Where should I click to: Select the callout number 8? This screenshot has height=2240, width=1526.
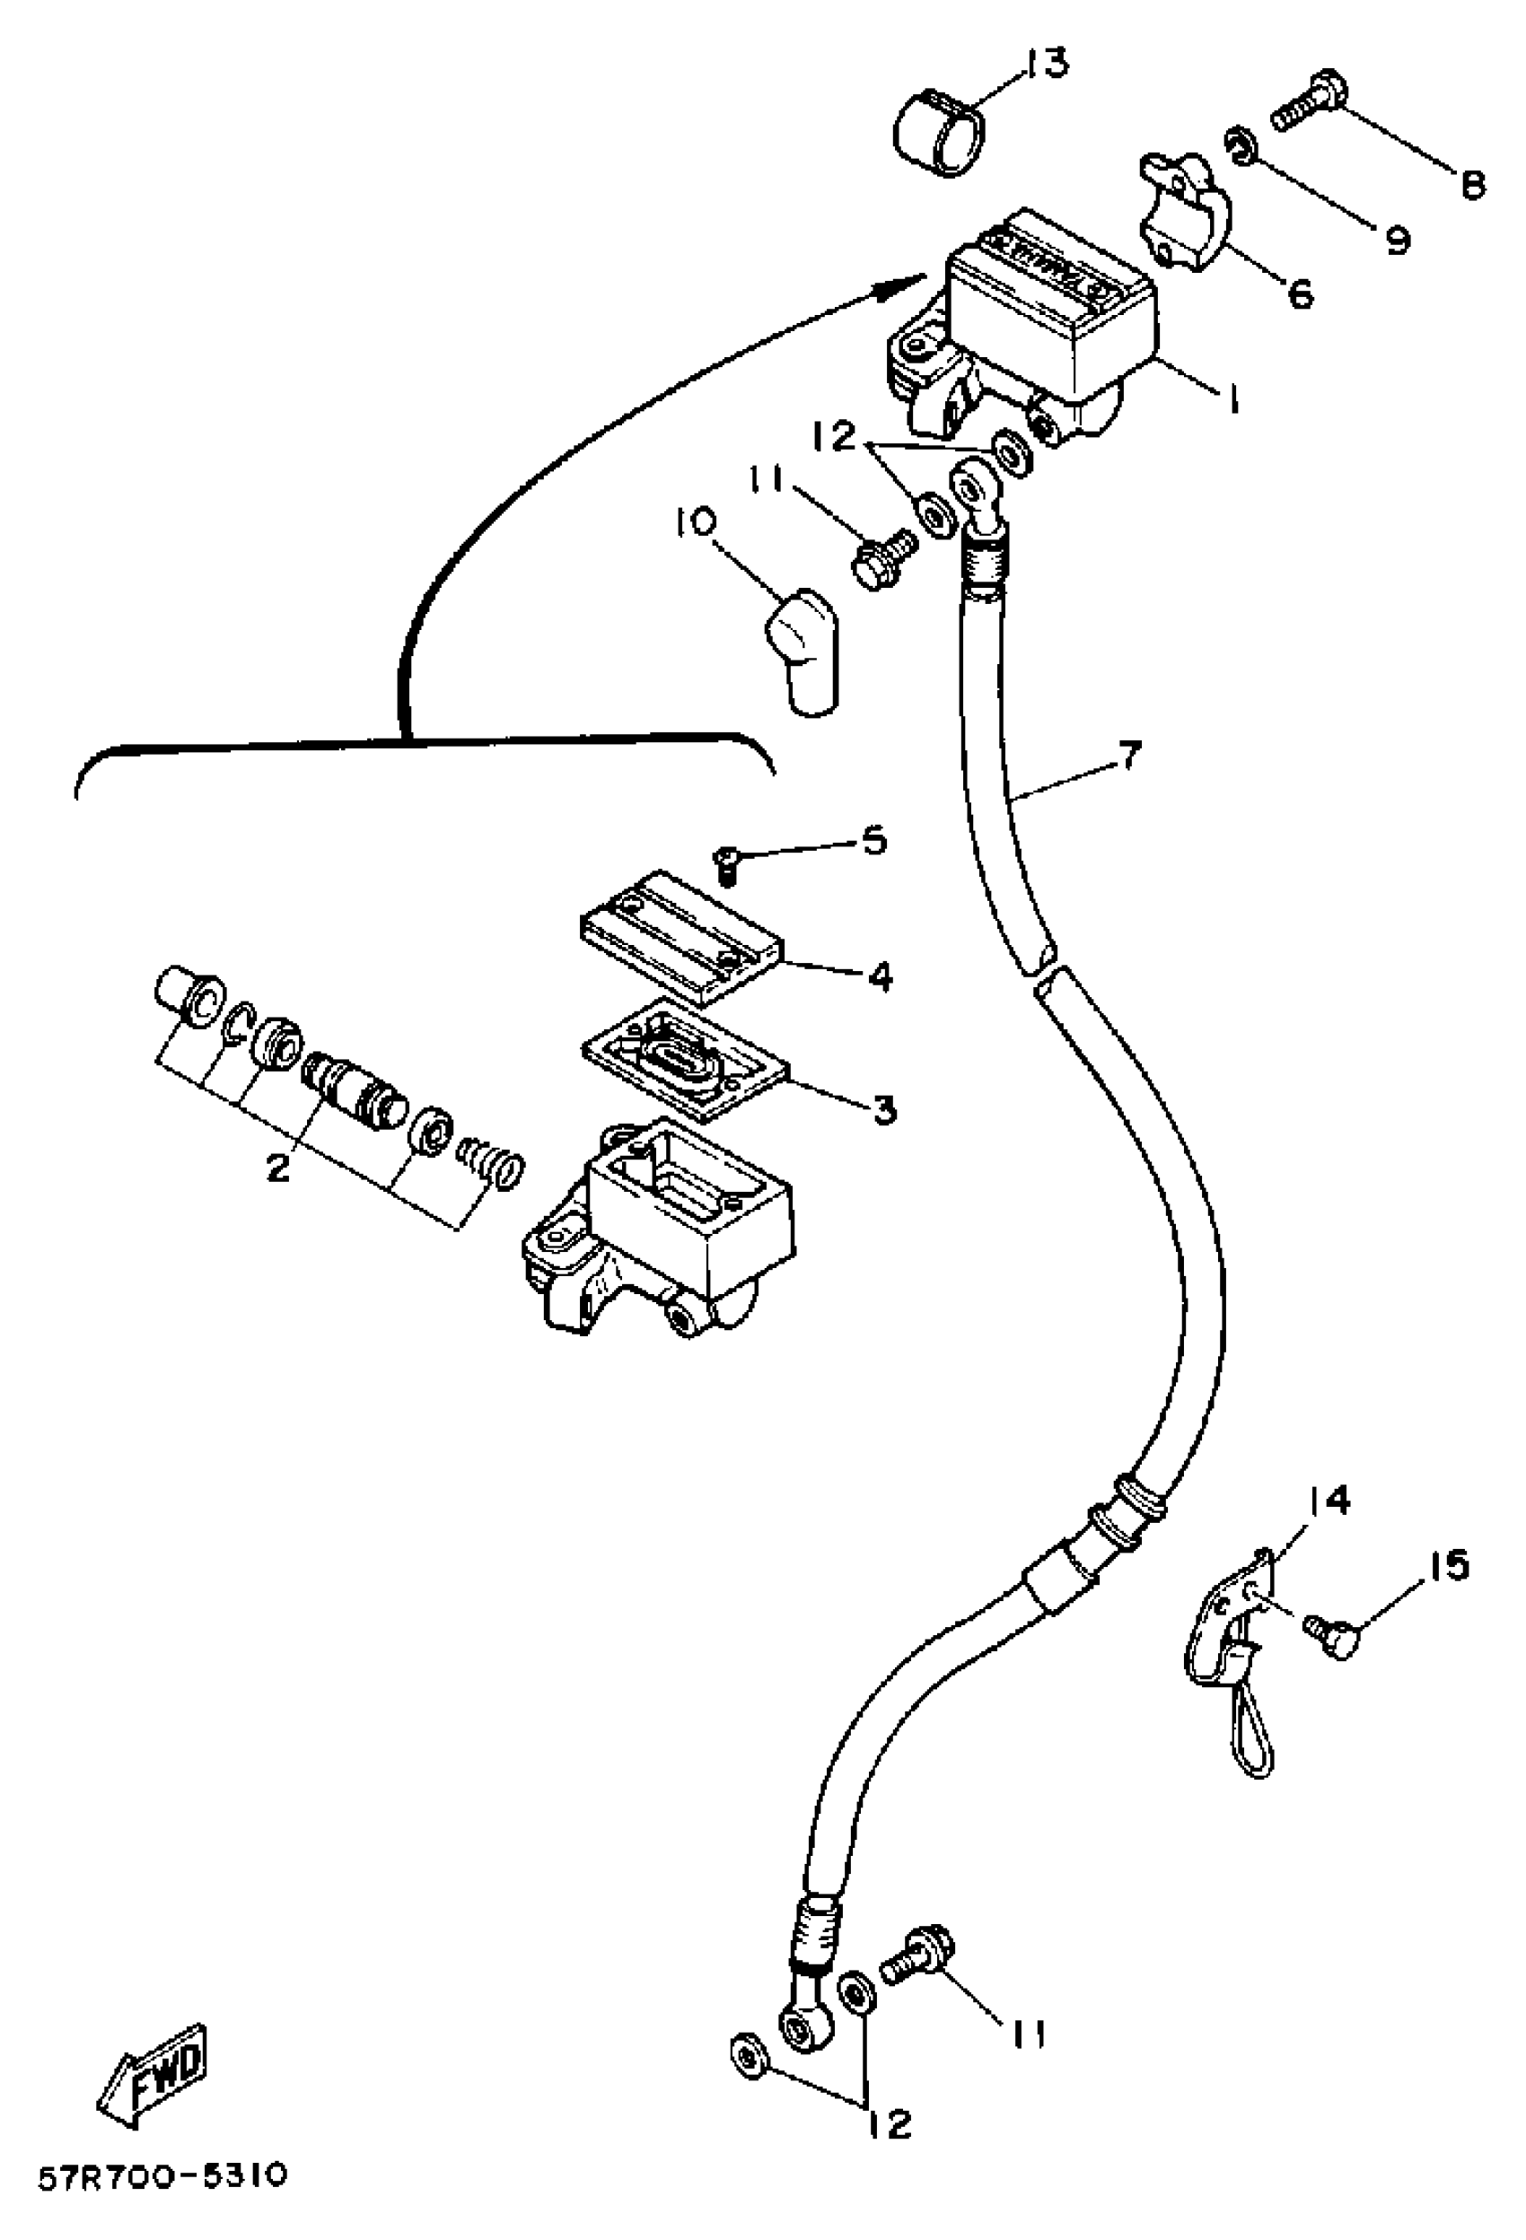(x=1471, y=183)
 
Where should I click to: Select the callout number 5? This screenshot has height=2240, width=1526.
(x=873, y=841)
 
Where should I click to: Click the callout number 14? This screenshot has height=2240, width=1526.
(x=1329, y=1500)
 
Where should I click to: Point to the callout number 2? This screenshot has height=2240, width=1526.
(x=277, y=1168)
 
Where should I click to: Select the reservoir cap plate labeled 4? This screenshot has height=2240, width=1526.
(x=682, y=936)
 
